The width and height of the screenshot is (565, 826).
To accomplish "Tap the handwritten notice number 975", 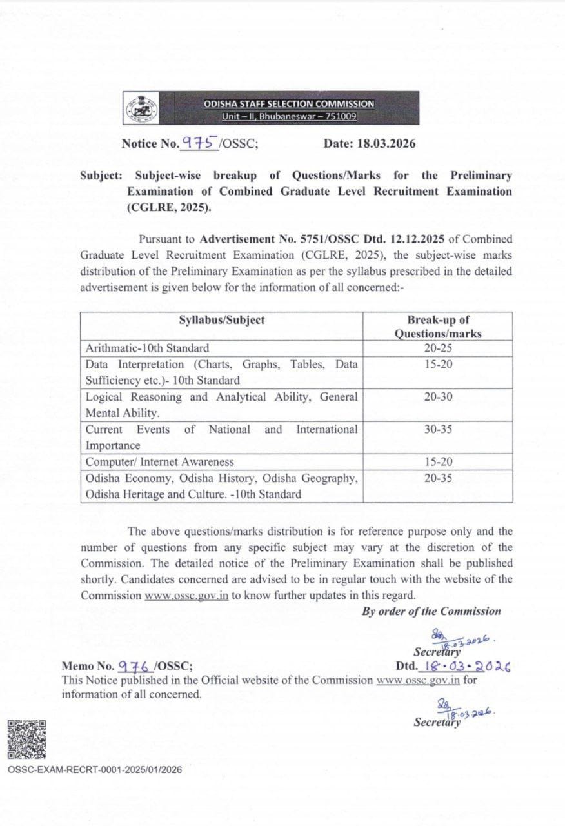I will click(x=199, y=143).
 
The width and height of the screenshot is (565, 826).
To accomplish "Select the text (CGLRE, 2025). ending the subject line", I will click(x=168, y=208).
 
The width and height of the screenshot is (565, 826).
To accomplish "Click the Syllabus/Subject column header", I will click(x=221, y=320).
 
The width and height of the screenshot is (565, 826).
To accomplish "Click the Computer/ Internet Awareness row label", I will click(x=159, y=462).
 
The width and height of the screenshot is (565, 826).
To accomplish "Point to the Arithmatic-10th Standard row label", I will click(x=147, y=348).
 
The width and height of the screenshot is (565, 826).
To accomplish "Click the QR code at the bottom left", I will click(x=26, y=739).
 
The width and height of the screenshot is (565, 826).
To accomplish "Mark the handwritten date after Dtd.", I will click(x=464, y=666).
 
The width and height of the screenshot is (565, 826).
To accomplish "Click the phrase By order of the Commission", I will click(x=431, y=611).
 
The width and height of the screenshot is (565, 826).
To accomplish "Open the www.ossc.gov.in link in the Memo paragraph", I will click(x=418, y=680).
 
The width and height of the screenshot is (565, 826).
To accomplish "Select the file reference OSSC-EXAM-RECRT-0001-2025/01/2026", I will click(x=95, y=770).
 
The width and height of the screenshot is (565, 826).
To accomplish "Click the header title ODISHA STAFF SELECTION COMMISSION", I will click(x=288, y=104).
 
